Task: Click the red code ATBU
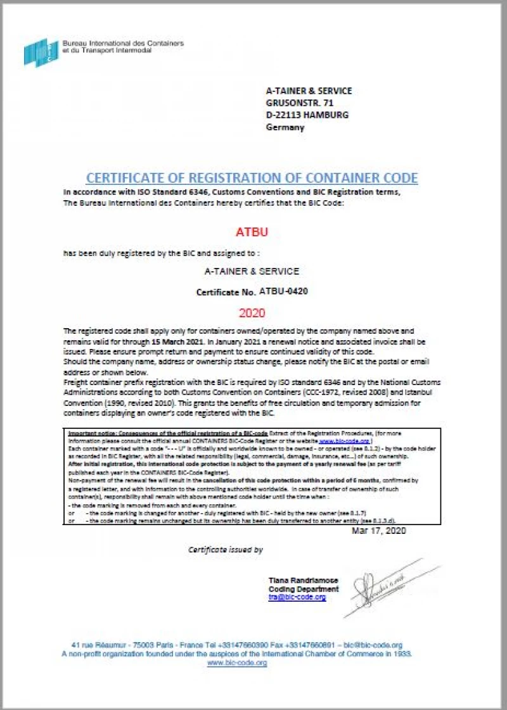point(252,232)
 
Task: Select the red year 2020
point(252,312)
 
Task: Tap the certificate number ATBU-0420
point(283,291)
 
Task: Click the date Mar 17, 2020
point(378,530)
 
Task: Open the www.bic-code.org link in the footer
point(237,662)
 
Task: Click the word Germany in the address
point(285,127)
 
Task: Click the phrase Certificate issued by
point(225,549)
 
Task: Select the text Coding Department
point(304,589)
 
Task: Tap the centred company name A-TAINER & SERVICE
point(252,271)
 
